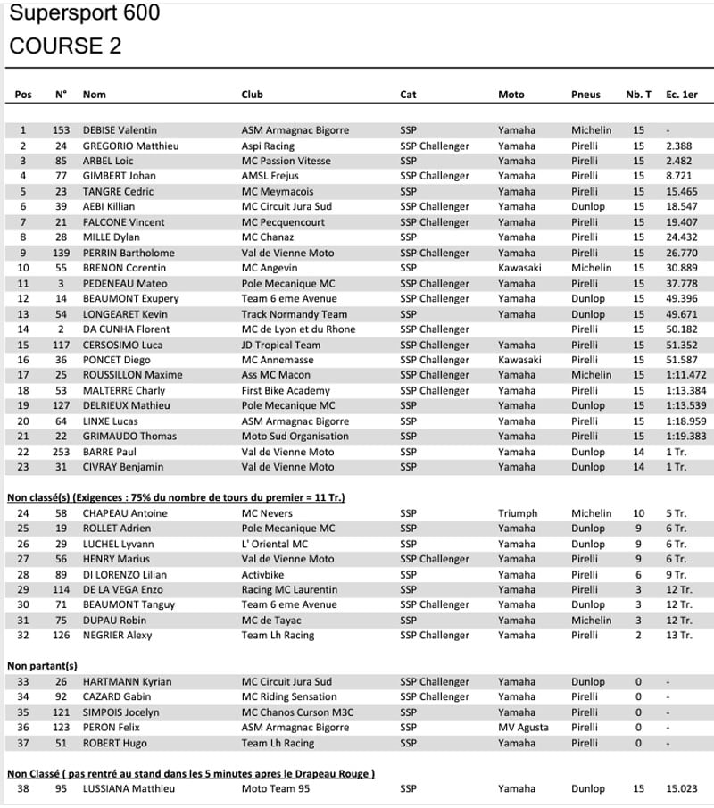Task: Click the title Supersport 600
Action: point(85,13)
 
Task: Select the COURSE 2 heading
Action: point(65,46)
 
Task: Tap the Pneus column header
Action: point(585,95)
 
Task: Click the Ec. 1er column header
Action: point(682,95)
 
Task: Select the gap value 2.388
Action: point(679,146)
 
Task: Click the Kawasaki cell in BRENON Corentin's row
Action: point(519,268)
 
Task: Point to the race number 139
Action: point(61,253)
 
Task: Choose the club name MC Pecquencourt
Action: point(286,222)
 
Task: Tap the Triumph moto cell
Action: point(518,513)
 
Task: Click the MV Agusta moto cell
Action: point(523,728)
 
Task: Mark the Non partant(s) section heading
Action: point(42,666)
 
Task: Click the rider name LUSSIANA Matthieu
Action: point(129,789)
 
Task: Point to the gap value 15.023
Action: point(681,789)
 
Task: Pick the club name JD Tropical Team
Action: point(280,345)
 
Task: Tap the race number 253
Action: point(61,452)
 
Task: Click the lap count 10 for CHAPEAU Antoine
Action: point(638,513)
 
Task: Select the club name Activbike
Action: point(265,575)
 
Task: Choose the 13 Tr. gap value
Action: point(678,636)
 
